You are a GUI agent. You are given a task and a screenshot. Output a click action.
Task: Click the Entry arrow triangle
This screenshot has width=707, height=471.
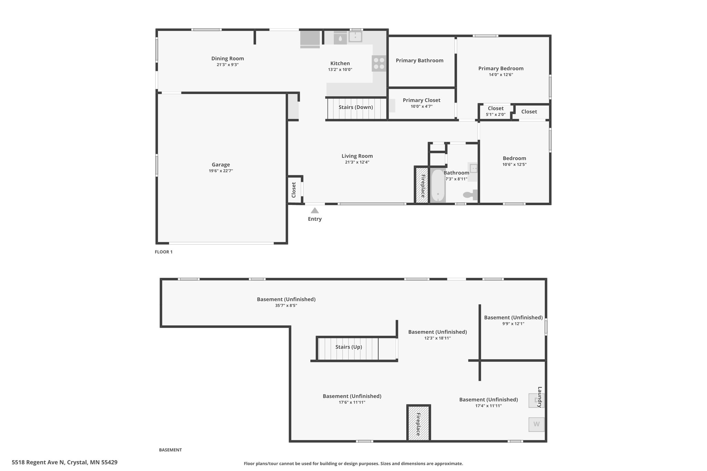point(314,210)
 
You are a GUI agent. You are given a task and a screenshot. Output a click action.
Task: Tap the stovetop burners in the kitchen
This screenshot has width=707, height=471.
point(379,63)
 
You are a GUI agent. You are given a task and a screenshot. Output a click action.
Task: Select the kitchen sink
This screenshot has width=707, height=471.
point(355,37)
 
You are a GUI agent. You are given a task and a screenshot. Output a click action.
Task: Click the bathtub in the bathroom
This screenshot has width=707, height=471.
point(438,186)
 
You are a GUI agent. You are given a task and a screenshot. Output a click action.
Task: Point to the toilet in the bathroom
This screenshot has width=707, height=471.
point(470,195)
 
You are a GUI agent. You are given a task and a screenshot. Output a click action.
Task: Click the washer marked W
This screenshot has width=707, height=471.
point(536,424)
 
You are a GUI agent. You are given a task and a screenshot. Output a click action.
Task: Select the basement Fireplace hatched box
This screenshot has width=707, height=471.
point(418,423)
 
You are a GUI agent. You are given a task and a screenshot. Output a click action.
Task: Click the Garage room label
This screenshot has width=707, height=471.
point(221,165)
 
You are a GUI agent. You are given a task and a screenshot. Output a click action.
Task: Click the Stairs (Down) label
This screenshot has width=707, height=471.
point(356,107)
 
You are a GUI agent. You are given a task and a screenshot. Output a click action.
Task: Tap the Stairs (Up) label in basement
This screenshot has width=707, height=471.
point(349,347)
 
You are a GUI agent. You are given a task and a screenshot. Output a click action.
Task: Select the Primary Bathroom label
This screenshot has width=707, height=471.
point(419,60)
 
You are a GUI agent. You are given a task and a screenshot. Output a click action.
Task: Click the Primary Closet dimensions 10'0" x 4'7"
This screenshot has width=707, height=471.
point(422,106)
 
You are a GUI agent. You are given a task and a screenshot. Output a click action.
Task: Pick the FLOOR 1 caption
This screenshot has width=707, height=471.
point(164,252)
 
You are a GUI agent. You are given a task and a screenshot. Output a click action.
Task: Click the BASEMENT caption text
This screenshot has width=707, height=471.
point(170,450)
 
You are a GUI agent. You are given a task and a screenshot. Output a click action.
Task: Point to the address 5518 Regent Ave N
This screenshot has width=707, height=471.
point(38,462)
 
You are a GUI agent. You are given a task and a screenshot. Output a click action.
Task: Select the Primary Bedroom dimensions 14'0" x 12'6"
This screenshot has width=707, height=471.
point(501,75)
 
